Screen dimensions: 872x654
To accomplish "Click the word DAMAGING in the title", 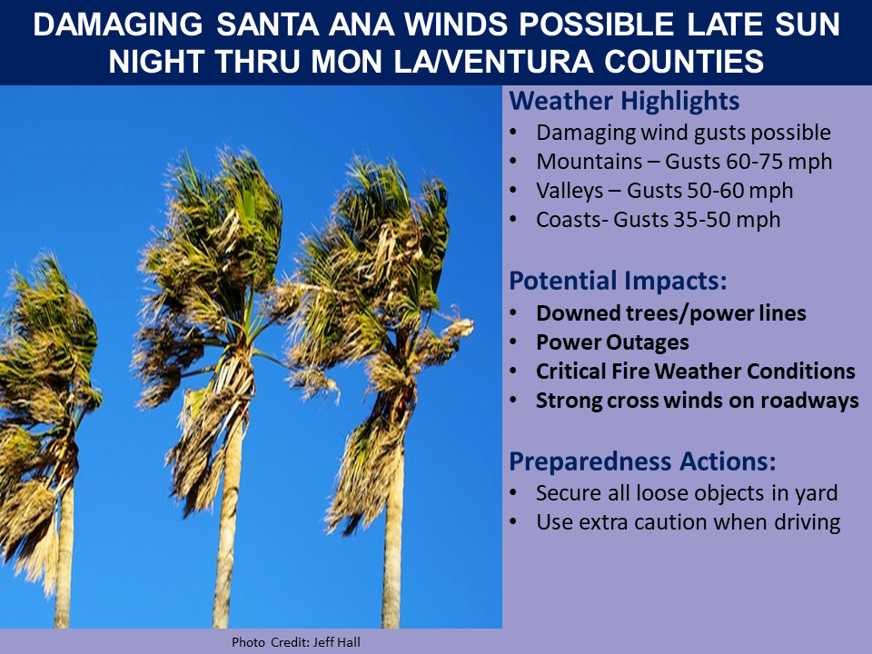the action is tap(118, 25).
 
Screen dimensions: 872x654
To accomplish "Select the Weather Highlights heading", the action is tap(624, 101).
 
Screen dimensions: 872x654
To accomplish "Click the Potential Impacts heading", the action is tap(618, 281).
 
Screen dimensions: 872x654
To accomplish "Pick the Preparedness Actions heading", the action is tap(642, 461).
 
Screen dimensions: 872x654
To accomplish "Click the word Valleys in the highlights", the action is tap(570, 191).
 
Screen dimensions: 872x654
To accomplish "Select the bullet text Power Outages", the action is tap(612, 342).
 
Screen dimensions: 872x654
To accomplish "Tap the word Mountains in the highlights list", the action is tap(589, 162).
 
